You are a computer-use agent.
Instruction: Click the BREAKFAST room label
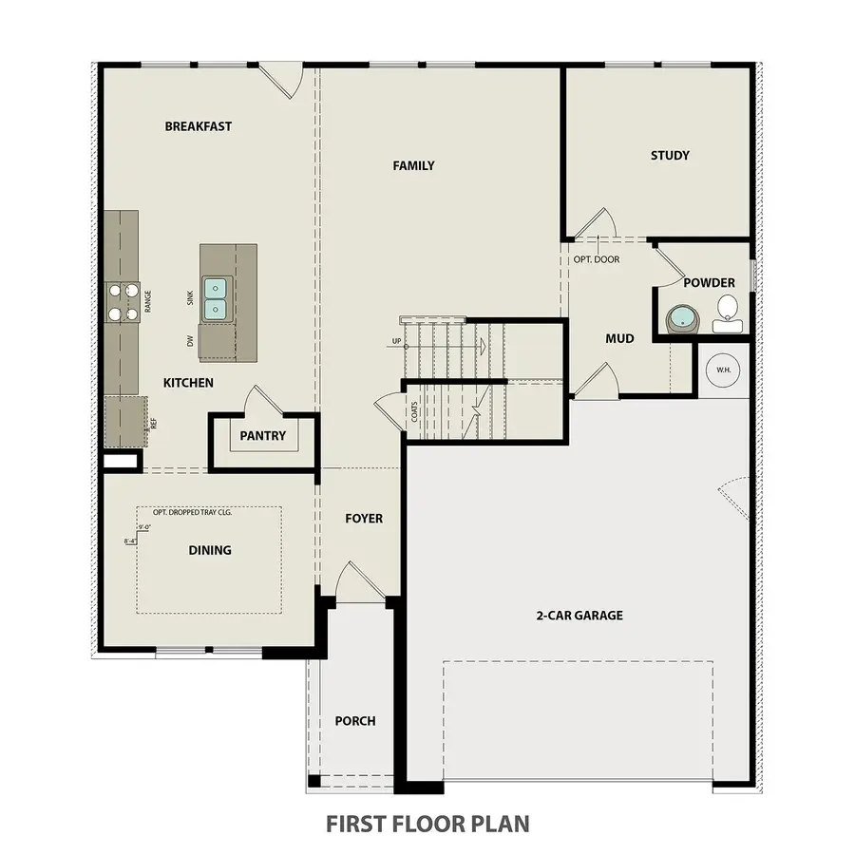tap(198, 126)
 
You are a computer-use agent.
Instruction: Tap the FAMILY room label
tap(413, 166)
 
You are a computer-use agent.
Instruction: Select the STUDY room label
tap(670, 156)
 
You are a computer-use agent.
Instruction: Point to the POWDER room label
tap(709, 283)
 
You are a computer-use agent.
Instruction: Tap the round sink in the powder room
tap(681, 317)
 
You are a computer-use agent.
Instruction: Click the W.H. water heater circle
tap(723, 370)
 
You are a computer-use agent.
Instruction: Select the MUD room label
tap(619, 338)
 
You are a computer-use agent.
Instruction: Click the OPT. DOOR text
tap(596, 258)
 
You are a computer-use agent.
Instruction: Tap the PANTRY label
tap(263, 437)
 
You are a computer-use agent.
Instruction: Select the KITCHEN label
tap(188, 383)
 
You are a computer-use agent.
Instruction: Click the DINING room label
tap(209, 550)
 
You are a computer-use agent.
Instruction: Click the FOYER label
tap(363, 519)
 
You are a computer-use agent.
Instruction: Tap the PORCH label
tap(354, 721)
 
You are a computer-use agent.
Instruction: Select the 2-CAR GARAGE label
tap(579, 616)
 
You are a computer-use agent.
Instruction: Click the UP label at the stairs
tap(395, 342)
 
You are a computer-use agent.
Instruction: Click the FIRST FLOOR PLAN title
tap(427, 823)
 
